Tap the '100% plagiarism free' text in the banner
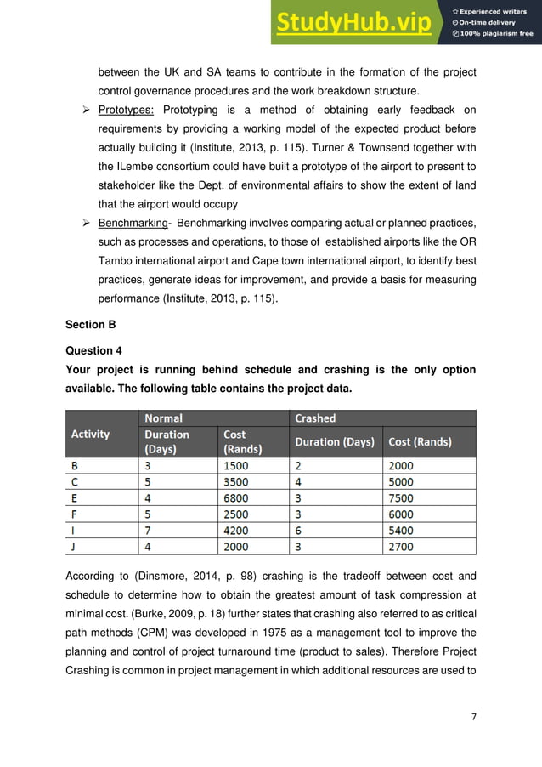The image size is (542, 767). [498, 34]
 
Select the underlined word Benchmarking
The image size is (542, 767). [132, 224]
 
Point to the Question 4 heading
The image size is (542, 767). [94, 350]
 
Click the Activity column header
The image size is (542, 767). [91, 434]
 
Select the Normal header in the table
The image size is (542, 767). [163, 418]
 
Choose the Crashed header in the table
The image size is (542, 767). [315, 418]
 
